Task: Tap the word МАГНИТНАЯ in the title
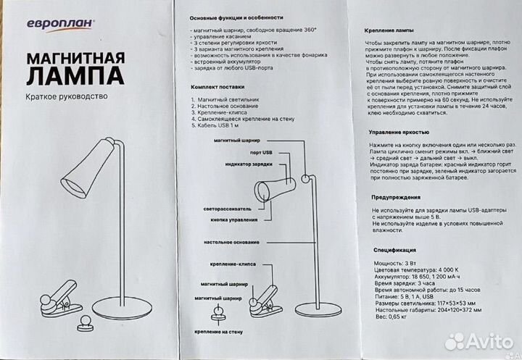tap(75, 58)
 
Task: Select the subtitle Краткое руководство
tap(66, 96)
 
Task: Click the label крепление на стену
tap(217, 331)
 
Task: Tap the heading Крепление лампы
tap(388, 33)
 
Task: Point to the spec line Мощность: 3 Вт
tap(394, 259)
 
